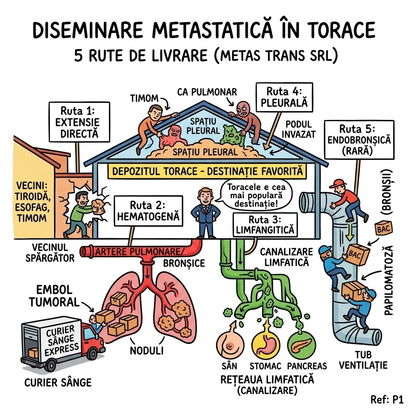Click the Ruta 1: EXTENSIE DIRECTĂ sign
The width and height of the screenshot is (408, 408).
click(79, 121)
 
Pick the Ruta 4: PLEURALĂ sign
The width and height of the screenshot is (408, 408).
click(284, 97)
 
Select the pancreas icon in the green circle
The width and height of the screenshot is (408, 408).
click(302, 345)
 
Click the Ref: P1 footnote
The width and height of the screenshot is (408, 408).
click(387, 399)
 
